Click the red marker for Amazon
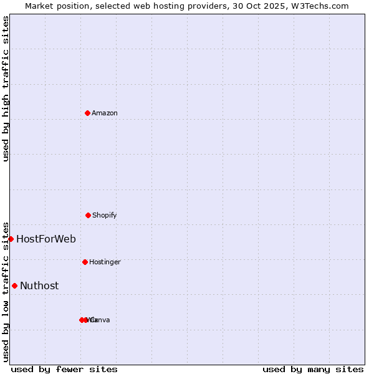point(87,113)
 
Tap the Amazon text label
point(104,113)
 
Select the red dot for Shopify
point(88,215)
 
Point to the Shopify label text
point(104,215)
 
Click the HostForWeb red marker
point(11,239)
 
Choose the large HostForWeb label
point(46,239)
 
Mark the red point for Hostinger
point(85,262)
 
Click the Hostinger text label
point(105,262)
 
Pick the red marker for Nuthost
point(14,285)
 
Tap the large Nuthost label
point(39,285)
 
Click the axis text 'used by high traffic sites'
point(6,89)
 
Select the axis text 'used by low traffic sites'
point(6,292)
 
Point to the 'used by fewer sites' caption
point(64,369)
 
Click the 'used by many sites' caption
point(313,369)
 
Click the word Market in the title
point(40,6)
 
